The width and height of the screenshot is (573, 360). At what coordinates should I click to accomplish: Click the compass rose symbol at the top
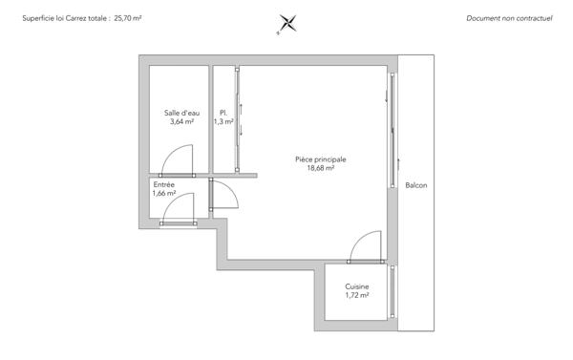pos(286,23)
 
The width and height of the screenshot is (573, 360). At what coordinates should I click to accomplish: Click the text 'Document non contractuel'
pos(510,18)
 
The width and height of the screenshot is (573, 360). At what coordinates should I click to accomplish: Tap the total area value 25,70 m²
pos(128,18)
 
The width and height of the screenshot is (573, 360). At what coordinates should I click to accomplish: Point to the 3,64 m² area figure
pos(181,122)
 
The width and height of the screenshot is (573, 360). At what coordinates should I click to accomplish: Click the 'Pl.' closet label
pos(223,114)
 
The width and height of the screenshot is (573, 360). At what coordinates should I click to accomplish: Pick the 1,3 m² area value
pos(223,122)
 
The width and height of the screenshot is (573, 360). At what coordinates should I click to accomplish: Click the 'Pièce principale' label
pos(321,159)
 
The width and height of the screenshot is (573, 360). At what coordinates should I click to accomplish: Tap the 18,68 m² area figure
pos(321,168)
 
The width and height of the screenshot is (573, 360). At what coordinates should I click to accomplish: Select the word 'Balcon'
pos(415,185)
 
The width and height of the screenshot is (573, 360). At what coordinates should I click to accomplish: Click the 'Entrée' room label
pos(163,184)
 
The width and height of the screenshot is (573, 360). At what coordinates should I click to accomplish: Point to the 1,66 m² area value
pos(163,193)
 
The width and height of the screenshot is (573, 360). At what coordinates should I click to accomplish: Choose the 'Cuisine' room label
pos(357,286)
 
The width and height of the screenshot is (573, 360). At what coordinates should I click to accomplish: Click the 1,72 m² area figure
pos(357,295)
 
